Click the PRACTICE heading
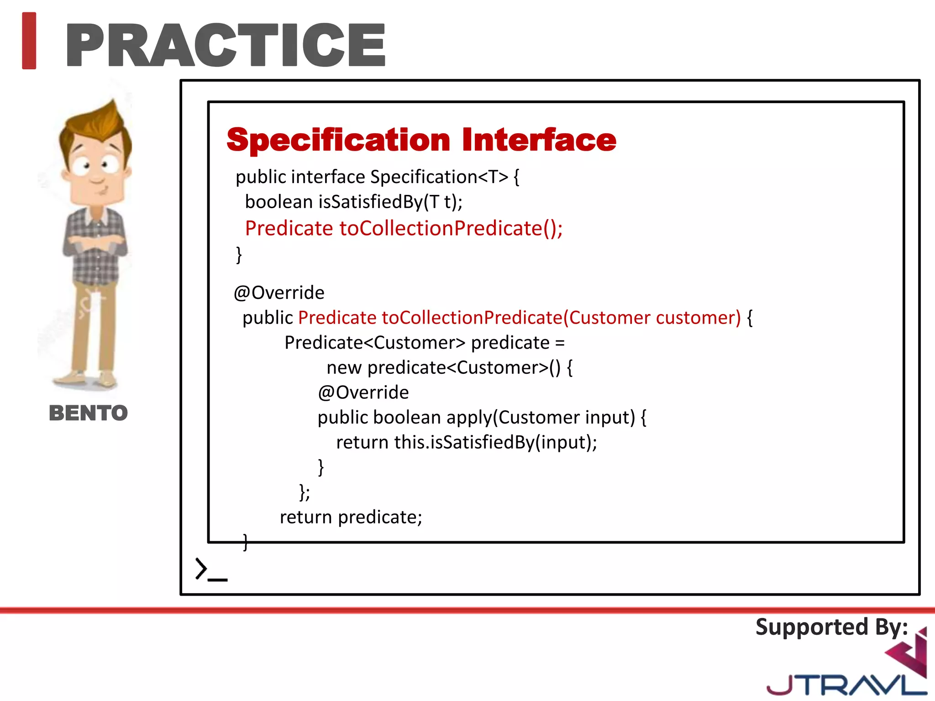coord(226,45)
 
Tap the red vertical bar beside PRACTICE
coord(29,41)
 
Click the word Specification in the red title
coord(338,140)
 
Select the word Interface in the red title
coord(539,140)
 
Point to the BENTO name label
coord(88,413)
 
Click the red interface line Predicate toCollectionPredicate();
coord(404,228)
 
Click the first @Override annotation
coord(279,293)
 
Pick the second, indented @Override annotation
coord(363,392)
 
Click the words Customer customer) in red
coord(655,318)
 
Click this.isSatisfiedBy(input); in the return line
coord(496,442)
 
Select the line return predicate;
coord(351,517)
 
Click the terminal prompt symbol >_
coord(210,570)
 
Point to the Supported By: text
coord(831,627)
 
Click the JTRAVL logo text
coord(845,685)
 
